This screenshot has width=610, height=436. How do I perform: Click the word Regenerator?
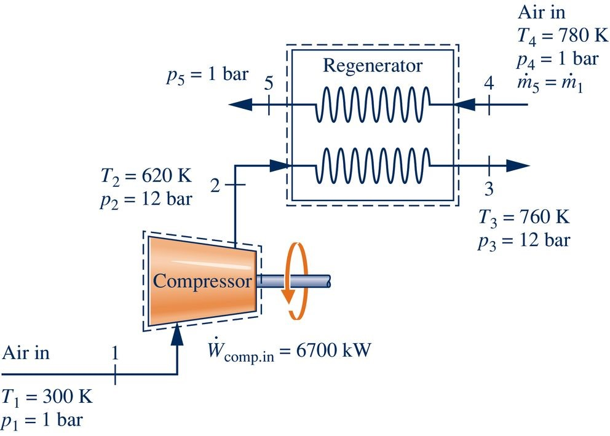pyautogui.click(x=373, y=66)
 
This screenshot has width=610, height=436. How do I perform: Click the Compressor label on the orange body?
pyautogui.click(x=202, y=282)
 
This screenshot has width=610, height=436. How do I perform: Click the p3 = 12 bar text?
pyautogui.click(x=523, y=240)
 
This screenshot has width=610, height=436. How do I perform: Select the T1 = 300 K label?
pyautogui.click(x=48, y=396)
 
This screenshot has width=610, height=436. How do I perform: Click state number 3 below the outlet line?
pyautogui.click(x=489, y=189)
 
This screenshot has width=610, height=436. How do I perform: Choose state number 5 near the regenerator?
pyautogui.click(x=268, y=84)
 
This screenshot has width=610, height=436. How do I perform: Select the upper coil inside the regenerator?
pyautogui.click(x=372, y=105)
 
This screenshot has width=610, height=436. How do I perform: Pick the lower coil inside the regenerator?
pyautogui.click(x=372, y=165)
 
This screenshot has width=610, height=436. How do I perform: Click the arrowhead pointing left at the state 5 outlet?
pyautogui.click(x=240, y=105)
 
